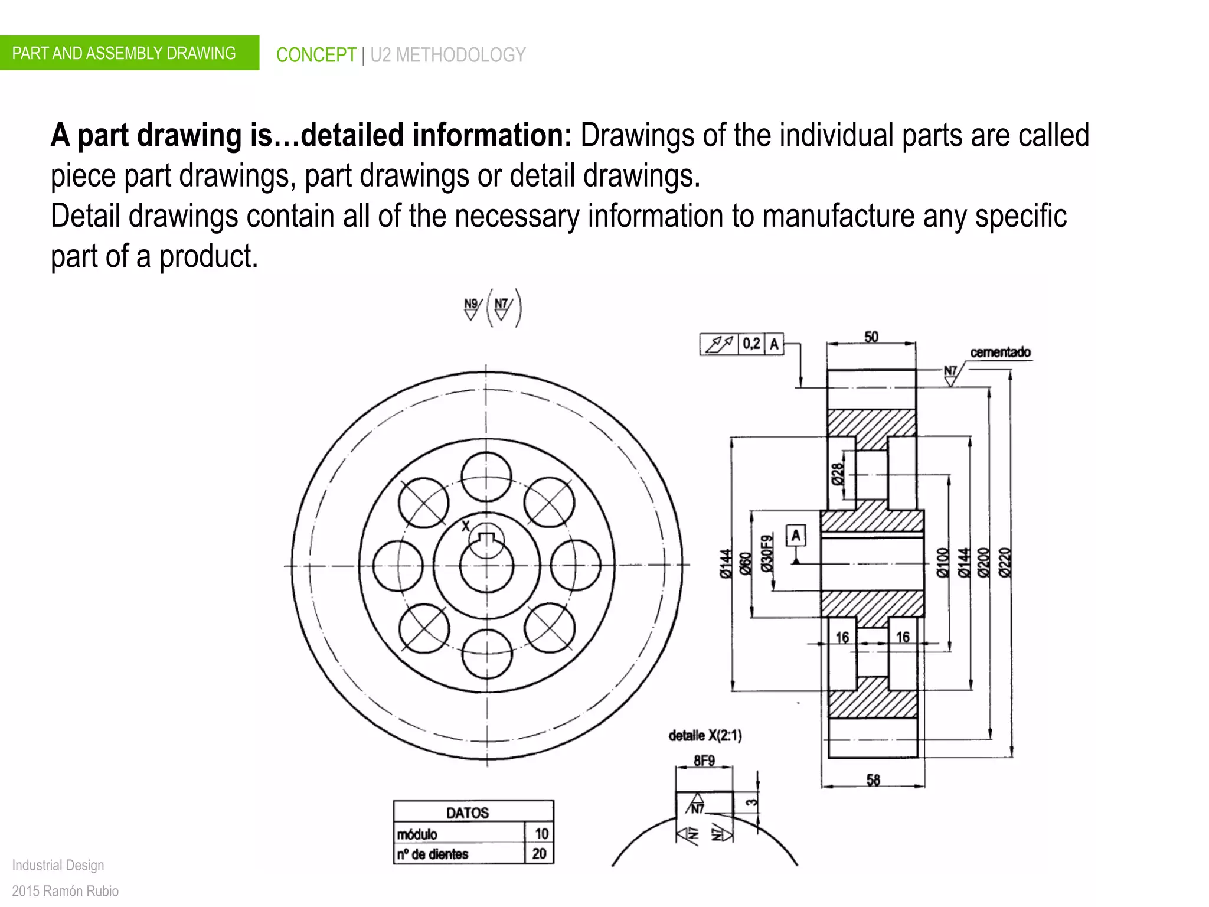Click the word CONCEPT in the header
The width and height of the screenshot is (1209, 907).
coord(316,55)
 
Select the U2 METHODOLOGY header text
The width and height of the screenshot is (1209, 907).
coord(447,55)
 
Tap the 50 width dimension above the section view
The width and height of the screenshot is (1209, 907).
coord(871,337)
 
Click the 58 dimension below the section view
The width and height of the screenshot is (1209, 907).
coord(873,780)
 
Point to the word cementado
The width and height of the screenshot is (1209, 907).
coord(1000,353)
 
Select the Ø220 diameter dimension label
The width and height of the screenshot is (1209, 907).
coord(1005,562)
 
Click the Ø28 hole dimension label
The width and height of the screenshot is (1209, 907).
coord(838,474)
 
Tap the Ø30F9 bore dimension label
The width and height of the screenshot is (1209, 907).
coord(766,553)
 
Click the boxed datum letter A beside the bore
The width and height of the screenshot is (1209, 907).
coord(796,536)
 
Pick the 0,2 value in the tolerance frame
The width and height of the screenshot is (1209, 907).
coord(751,344)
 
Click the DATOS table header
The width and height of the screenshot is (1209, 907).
coord(468,813)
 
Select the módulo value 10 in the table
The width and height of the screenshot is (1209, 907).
coord(541,834)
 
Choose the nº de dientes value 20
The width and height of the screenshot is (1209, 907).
coord(539,854)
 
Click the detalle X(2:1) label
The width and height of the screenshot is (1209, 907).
coord(705,736)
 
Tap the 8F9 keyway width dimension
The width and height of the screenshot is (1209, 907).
coord(704,761)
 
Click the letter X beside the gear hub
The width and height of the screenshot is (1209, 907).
coord(465,526)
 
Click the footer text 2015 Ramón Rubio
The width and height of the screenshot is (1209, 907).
coord(66,890)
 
